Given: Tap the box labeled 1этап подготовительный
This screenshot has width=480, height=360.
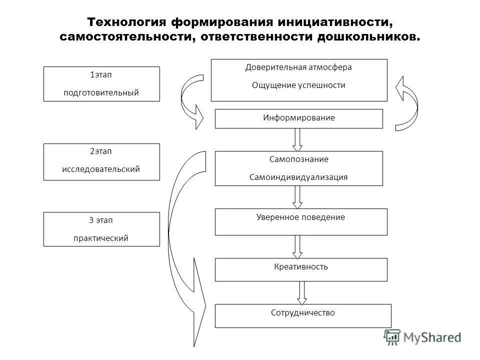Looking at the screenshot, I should click(x=101, y=84).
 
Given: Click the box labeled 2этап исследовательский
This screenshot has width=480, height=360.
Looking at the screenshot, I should click(x=101, y=161).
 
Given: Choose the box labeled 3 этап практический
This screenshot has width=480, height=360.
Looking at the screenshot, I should click(x=101, y=229).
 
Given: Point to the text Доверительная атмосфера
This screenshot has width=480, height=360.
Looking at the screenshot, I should click(x=298, y=67).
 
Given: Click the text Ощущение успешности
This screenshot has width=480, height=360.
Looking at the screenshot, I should click(x=298, y=85).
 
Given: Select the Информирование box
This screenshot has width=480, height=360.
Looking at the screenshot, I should click(x=298, y=118).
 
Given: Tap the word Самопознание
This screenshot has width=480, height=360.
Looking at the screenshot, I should click(x=298, y=159).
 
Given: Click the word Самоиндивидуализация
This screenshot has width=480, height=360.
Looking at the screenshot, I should click(x=298, y=177).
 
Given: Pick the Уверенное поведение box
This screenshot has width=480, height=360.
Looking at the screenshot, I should click(x=301, y=221).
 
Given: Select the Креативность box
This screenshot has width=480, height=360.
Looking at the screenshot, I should click(x=301, y=269).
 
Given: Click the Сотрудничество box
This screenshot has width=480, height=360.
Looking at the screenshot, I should click(x=303, y=316).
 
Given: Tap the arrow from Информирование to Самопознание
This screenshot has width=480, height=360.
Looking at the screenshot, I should click(x=297, y=139).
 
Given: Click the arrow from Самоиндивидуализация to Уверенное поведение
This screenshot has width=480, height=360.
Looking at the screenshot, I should click(x=297, y=197).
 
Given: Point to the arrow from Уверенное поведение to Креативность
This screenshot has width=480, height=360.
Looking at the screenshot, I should click(x=297, y=246).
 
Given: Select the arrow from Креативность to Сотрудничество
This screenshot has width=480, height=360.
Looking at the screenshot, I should click(x=301, y=292).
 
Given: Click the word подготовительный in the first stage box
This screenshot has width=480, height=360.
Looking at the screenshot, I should click(x=101, y=93).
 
